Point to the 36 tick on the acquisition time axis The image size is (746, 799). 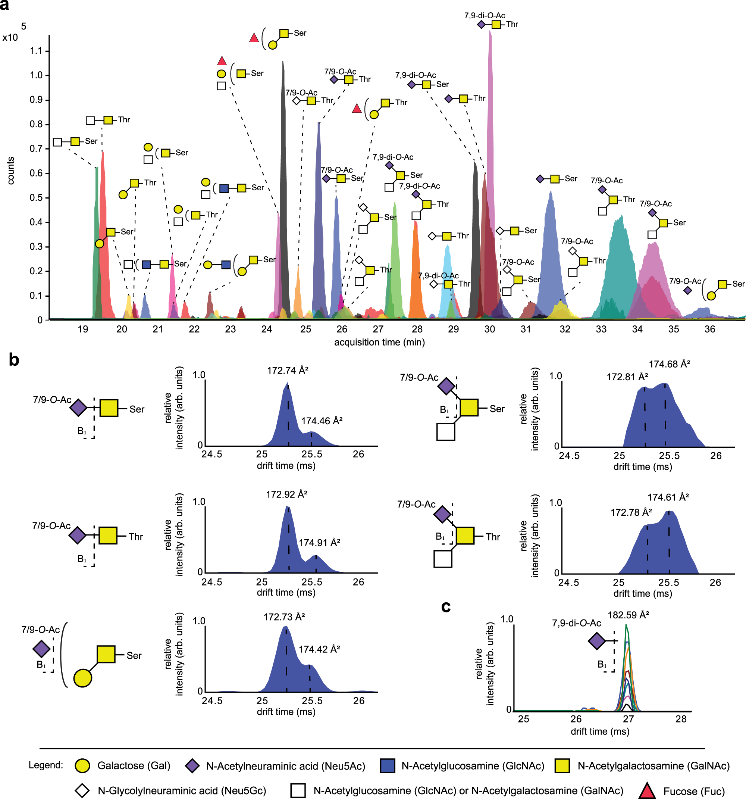point(709,329)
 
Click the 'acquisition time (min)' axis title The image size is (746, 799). point(379,342)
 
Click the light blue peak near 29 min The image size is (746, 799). point(447,281)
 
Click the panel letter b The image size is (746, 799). point(14,360)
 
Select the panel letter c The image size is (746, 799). point(445,606)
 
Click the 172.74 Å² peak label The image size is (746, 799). point(288,370)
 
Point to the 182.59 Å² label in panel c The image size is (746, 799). point(628,615)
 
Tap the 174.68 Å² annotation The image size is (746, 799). point(669,364)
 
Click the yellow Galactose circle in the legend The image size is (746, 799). point(83,766)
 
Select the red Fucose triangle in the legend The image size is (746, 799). point(647,790)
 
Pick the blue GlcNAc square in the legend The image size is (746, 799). point(388,766)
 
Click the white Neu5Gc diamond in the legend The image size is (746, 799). point(82,790)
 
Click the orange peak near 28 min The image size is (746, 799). point(416,281)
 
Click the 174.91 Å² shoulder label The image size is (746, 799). point(319,543)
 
